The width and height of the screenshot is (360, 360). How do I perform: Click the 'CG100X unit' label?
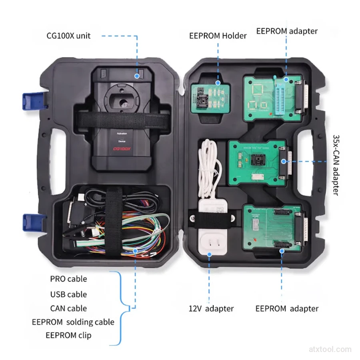click(68, 36)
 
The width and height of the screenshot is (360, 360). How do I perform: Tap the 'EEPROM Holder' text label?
click(218, 36)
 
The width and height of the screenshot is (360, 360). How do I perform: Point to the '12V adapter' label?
click(211, 308)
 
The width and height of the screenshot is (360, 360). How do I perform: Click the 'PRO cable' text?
click(68, 279)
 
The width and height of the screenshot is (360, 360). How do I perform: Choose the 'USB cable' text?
click(68, 294)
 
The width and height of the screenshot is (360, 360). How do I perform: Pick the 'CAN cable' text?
click(68, 308)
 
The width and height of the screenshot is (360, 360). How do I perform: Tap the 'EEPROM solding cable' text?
click(73, 322)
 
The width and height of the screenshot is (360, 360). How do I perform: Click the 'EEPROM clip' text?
click(68, 335)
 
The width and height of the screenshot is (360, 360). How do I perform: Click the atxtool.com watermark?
click(330, 349)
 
